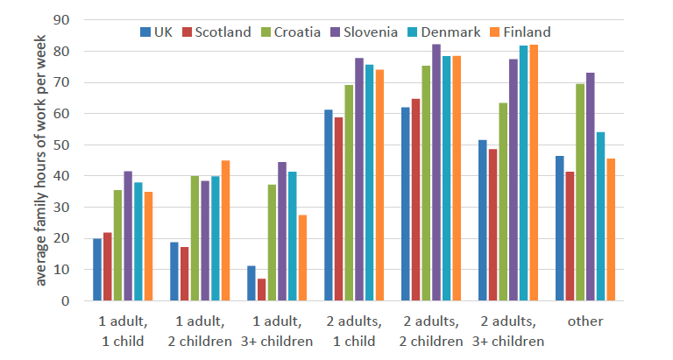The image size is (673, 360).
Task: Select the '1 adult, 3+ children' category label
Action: click(277, 331)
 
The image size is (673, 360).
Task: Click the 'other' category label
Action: click(584, 321)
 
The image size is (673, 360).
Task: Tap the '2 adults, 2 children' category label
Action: click(431, 331)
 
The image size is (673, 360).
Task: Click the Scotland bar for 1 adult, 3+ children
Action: click(261, 289)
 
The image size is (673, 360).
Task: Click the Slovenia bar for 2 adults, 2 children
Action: click(436, 173)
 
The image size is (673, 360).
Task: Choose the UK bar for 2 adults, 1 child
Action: click(329, 205)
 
